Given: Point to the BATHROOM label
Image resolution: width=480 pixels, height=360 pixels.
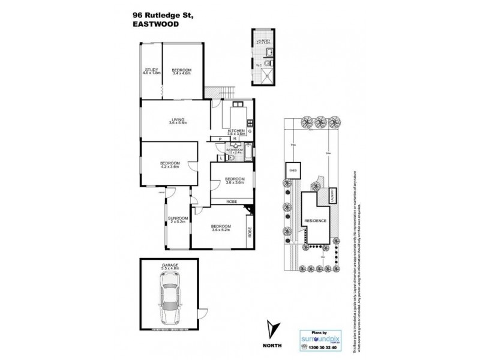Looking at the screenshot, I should pos(242,150).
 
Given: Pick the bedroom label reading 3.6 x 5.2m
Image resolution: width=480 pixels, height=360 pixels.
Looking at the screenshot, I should pos(221,227).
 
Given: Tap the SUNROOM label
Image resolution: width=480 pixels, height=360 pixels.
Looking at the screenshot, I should pos(178,220).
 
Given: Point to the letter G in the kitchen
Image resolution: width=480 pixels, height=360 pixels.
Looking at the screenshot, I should pos(250,130).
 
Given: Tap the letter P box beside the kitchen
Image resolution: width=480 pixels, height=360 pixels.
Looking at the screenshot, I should pos(221,139).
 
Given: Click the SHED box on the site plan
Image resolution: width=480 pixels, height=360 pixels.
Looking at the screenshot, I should pos(293,170).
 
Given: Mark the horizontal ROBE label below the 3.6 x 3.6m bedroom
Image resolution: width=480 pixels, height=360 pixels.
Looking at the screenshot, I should pos(230,202).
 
